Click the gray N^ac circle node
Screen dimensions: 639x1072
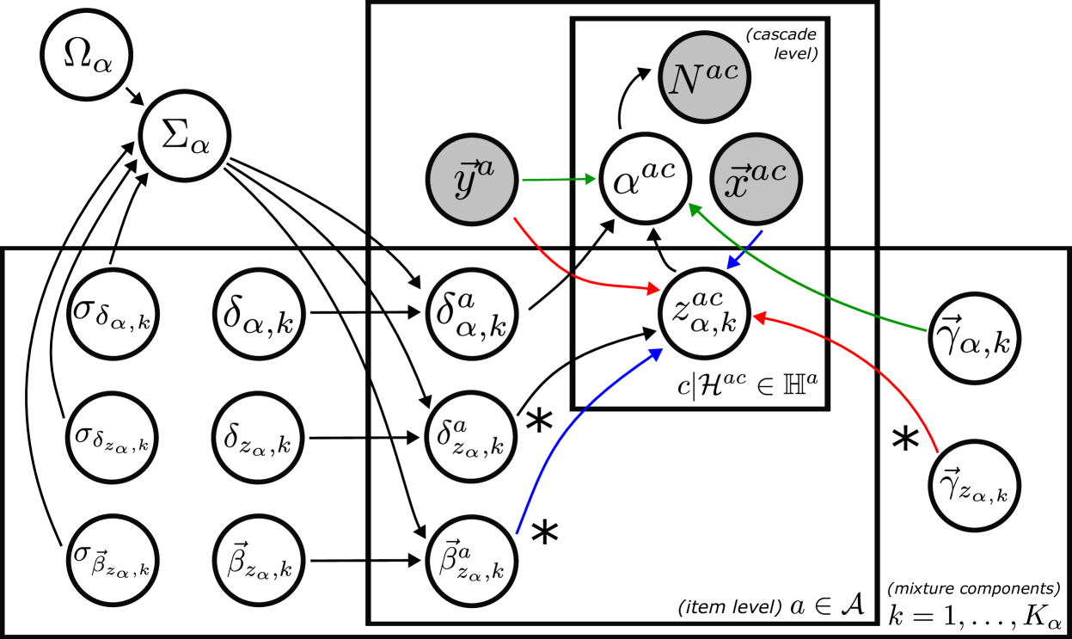click(704, 77)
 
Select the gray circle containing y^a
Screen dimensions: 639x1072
click(472, 179)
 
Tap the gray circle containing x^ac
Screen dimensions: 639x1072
click(756, 179)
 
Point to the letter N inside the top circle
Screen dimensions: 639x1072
click(686, 81)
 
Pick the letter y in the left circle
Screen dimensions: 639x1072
click(465, 182)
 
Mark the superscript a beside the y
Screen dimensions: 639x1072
click(486, 168)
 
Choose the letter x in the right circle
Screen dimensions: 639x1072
click(736, 185)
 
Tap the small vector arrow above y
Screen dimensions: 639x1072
click(470, 164)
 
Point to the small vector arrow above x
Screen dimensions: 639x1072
click(740, 169)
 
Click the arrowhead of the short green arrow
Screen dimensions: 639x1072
click(590, 179)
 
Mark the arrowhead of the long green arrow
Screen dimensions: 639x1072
click(695, 209)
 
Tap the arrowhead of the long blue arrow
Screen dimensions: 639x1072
click(656, 353)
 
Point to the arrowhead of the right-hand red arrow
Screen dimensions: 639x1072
click(759, 317)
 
